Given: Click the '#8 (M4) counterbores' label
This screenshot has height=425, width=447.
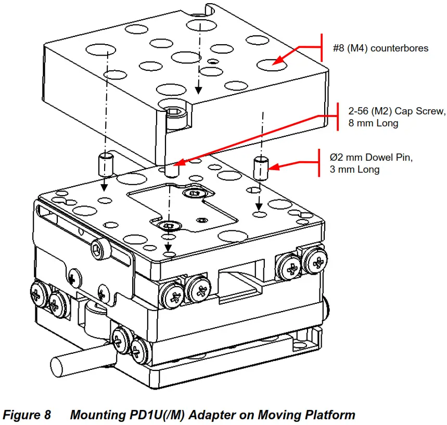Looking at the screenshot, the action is [380, 48].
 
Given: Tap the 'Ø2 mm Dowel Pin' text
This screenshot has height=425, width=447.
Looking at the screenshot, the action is [371, 157].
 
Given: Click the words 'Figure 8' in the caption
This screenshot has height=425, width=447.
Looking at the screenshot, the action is [27, 415].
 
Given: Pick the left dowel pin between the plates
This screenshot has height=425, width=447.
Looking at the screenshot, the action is [106, 165].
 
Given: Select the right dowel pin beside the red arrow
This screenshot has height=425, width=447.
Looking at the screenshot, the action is [261, 168].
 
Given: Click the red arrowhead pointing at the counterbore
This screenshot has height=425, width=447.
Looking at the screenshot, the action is [278, 60].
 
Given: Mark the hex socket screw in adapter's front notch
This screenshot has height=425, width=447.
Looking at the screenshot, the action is [173, 113].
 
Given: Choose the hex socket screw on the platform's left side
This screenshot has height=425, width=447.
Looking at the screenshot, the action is [100, 249].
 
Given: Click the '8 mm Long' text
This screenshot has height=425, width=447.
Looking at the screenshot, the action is [373, 123].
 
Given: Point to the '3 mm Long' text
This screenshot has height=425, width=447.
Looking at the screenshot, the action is [354, 170].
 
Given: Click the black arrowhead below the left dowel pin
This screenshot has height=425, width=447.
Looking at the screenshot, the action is [105, 188].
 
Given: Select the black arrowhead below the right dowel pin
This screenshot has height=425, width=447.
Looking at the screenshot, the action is [259, 207].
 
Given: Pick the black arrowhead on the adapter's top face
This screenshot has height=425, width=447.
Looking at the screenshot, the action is [199, 91].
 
